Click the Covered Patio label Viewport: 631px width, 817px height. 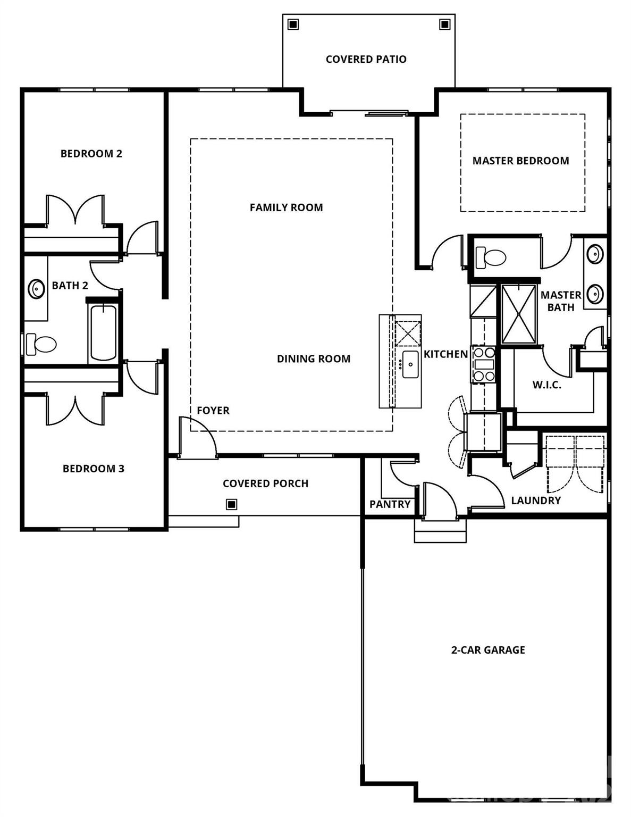366,59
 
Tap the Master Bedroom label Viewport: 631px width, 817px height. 520,161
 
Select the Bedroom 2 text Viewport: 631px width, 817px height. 91,154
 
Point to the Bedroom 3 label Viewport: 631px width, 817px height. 93,469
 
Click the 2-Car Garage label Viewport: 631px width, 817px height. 488,649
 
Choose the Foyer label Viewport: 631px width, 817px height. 213,411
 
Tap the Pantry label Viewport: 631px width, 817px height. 390,504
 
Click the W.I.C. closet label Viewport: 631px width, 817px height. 546,385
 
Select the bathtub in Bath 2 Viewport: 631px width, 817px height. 103,333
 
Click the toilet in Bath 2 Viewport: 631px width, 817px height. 41,344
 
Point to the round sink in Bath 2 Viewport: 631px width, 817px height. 36,289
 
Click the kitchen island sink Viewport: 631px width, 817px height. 410,364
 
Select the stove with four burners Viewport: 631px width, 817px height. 484,364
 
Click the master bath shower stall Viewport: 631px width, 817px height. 519,314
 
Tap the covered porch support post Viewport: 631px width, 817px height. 231,504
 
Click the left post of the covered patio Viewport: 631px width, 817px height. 293,24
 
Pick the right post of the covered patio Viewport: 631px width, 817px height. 444,24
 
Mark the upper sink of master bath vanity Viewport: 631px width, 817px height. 595,254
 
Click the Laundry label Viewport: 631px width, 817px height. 535,501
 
